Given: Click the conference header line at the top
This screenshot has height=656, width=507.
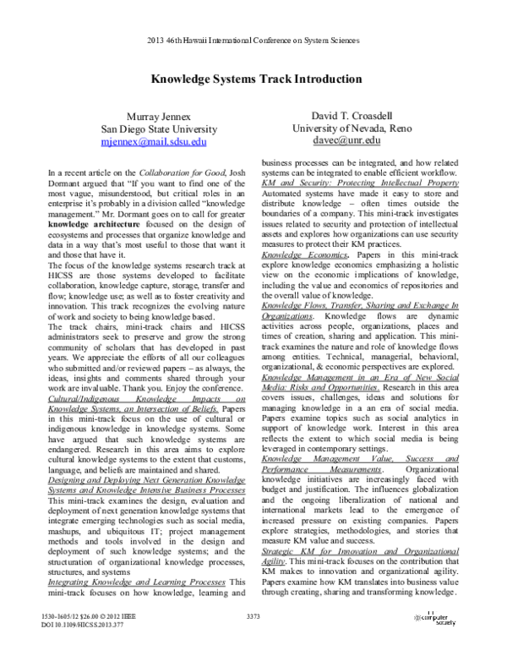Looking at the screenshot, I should point(253,40).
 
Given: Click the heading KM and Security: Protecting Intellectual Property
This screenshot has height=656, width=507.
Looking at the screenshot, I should point(361,182).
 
